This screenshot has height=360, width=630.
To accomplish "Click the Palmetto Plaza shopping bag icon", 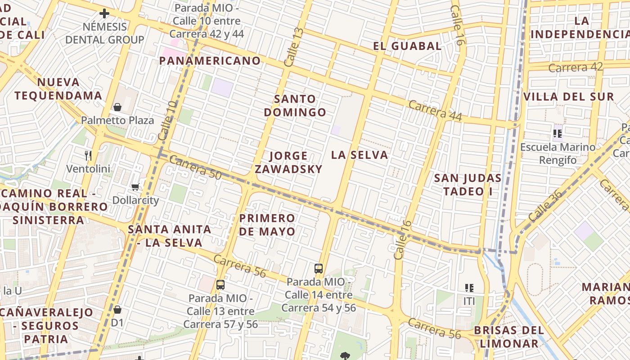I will coord(117,107).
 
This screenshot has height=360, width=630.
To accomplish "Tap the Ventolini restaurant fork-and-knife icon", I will coord(88,156).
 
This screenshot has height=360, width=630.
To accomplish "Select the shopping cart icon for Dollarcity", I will coord(135,187).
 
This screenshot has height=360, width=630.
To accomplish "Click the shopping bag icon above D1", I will coord(117,310).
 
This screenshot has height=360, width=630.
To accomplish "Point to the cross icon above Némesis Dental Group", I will coord(104,13).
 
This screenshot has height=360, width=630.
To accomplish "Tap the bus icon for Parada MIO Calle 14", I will coord(319,269).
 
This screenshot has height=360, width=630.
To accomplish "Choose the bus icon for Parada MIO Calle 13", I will coord(220,284).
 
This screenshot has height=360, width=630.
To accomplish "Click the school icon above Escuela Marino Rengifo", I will coord(558,134).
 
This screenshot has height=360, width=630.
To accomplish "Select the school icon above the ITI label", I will coord(469,288).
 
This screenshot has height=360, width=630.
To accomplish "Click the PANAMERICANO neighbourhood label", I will coord(210,61).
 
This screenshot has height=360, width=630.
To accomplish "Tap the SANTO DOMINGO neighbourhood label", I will coord(295,105).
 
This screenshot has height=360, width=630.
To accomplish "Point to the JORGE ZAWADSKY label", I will coord(288,162).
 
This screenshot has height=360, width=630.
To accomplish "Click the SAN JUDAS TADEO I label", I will coord(468,184).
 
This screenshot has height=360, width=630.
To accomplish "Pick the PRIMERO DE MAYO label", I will coord(267,225).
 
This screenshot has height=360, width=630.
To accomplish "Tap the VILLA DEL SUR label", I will coord(569,97).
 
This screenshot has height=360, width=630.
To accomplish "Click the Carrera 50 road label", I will coord(196,168).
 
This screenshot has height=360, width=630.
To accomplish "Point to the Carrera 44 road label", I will coord(435,110).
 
